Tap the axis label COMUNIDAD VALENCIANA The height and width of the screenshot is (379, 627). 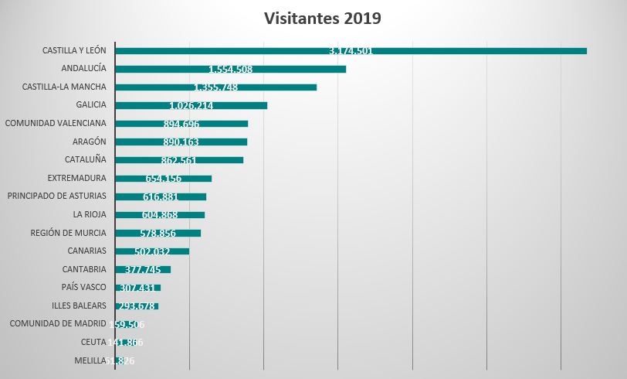pyautogui.click(x=56, y=123)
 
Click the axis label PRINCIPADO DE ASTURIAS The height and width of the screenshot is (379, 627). pyautogui.click(x=56, y=196)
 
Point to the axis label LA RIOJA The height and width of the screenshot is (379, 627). pyautogui.click(x=90, y=214)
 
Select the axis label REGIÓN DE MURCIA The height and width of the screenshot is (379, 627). pyautogui.click(x=68, y=233)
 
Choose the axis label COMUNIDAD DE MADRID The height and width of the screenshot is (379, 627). pyautogui.click(x=57, y=323)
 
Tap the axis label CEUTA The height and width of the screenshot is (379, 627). pyautogui.click(x=93, y=342)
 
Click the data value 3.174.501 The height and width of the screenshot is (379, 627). pyautogui.click(x=351, y=51)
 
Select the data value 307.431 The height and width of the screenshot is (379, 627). pyautogui.click(x=137, y=288)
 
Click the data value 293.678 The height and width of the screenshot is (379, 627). pyautogui.click(x=137, y=306)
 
